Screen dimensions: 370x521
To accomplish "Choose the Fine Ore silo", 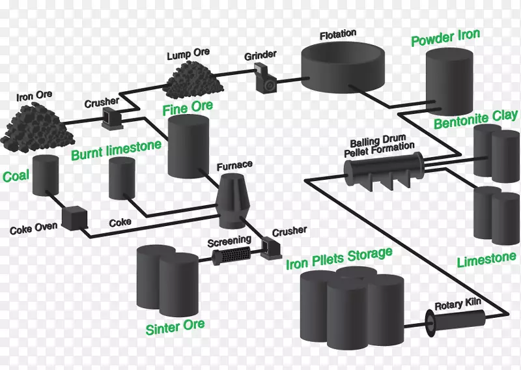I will [188, 147].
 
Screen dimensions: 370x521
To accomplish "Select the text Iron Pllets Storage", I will [339, 258].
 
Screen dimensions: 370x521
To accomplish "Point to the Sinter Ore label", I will [175, 326].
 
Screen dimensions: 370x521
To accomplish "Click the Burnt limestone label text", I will [116, 150].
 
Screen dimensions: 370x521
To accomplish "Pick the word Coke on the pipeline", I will [120, 222].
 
